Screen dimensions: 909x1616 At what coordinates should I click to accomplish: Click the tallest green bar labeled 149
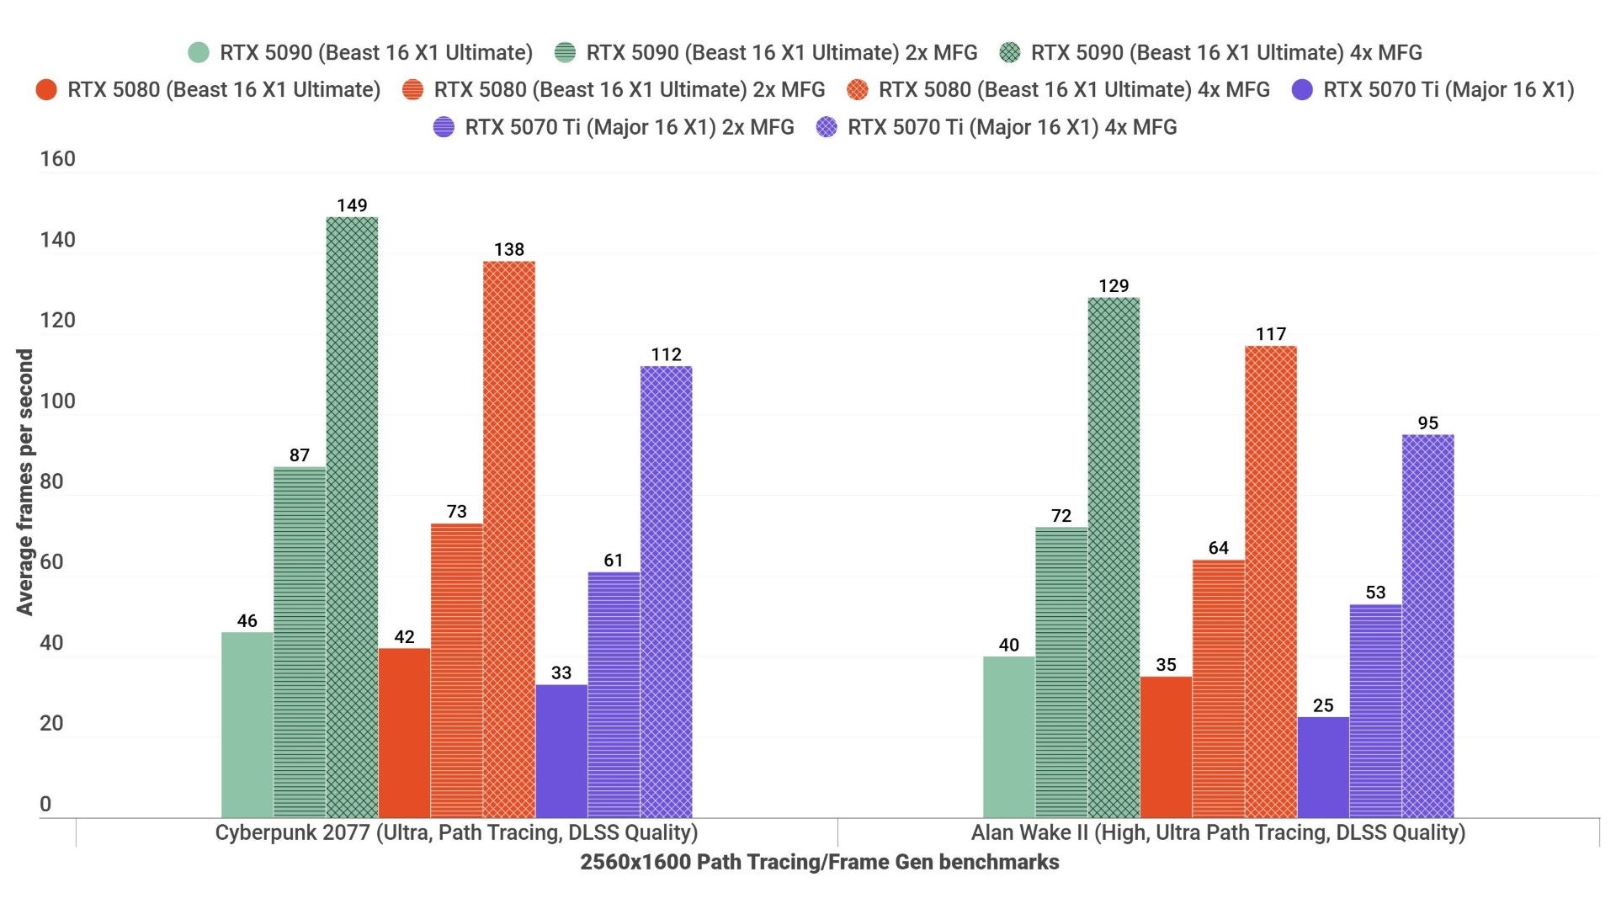point(352,517)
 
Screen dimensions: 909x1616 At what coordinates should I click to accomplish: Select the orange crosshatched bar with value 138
point(508,539)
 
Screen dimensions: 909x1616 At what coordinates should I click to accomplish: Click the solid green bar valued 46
point(247,724)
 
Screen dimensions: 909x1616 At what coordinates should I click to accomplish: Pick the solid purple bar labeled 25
point(1322,767)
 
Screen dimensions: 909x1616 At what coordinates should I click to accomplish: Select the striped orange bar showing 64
point(1218,688)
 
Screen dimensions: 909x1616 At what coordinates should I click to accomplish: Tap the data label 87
point(300,455)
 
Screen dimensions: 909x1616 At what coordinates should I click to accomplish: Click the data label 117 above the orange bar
point(1270,334)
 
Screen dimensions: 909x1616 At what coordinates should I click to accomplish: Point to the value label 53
point(1375,593)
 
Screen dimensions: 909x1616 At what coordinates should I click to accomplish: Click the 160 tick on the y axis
point(57,159)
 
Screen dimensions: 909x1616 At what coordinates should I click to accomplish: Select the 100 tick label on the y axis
point(57,401)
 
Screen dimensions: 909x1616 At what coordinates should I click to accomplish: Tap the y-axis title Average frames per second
point(25,481)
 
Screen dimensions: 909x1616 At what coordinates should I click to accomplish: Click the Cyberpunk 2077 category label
point(456,832)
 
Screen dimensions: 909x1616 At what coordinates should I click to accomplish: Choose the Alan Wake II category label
point(1218,832)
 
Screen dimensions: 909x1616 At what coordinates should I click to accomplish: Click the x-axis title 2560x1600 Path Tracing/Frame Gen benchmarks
point(819,862)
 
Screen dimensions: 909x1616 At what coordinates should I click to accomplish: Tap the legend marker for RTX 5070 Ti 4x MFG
point(827,127)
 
